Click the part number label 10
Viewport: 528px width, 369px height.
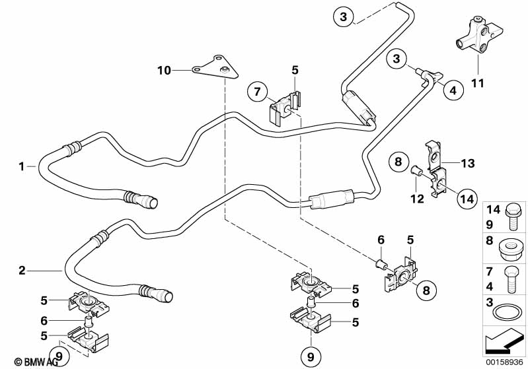click(164, 69)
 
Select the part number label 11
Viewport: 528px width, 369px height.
click(476, 83)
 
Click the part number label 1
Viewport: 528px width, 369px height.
click(22, 166)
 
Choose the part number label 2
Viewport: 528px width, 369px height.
click(22, 270)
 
